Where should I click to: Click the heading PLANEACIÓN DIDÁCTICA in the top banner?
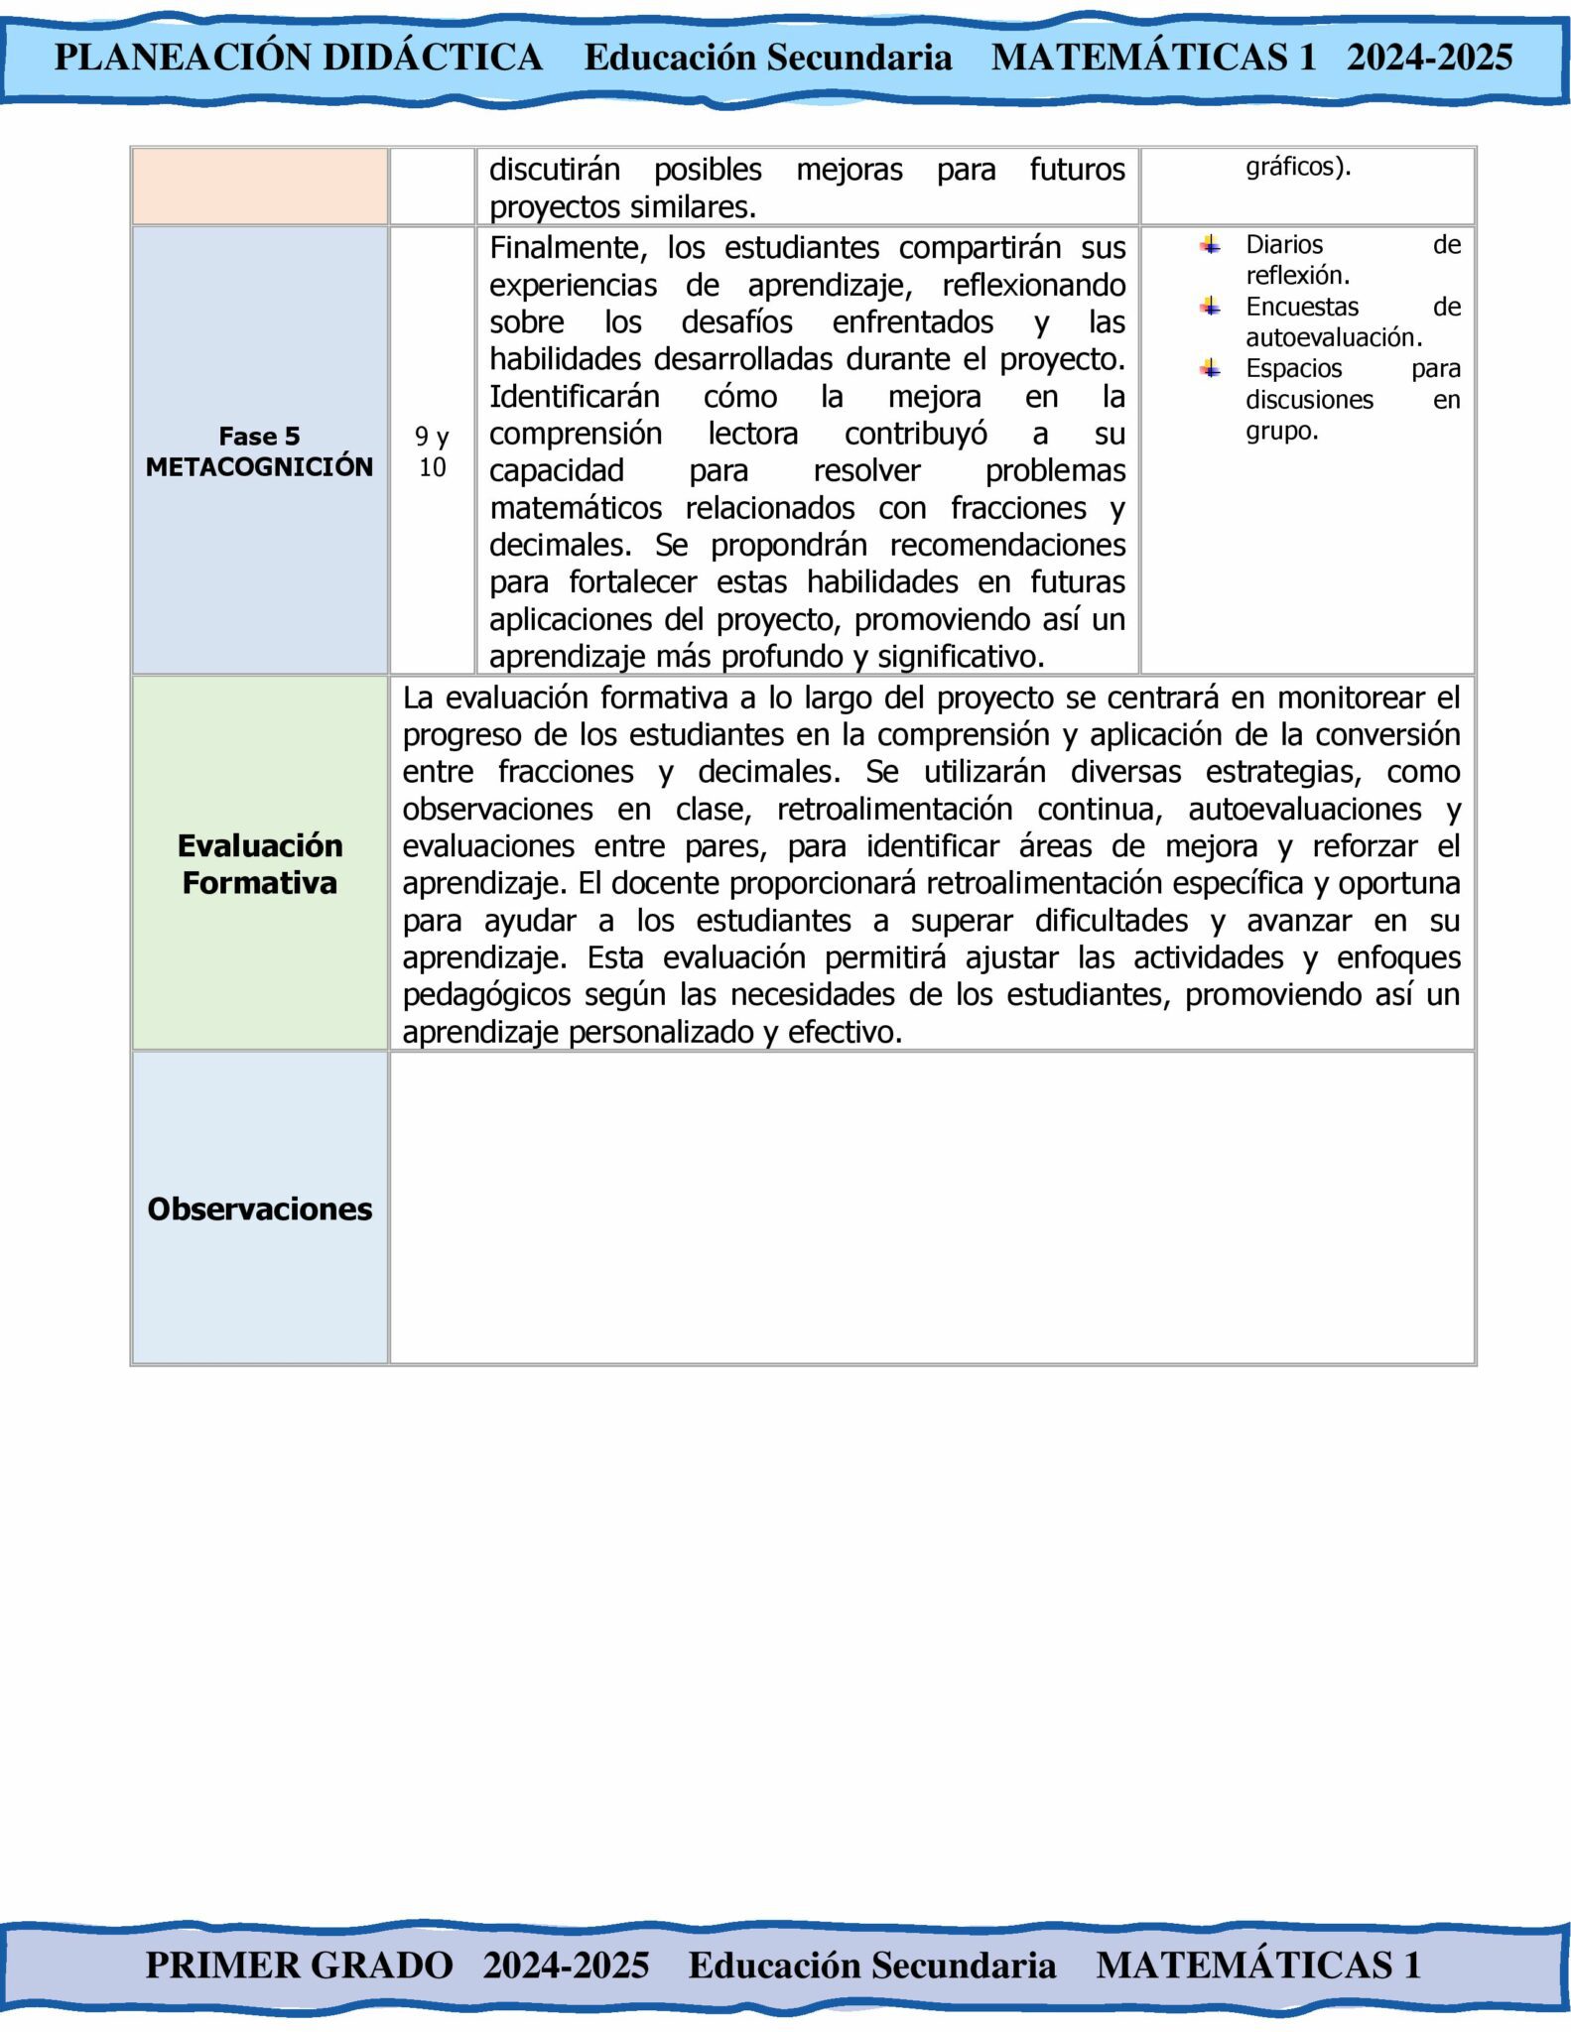[x=298, y=58]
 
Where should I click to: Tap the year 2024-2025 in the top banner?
[x=1429, y=58]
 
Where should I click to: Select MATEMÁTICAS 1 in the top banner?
[x=1153, y=58]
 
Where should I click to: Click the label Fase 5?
[x=259, y=436]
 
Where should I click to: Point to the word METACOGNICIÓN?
[x=259, y=466]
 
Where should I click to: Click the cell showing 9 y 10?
[x=432, y=451]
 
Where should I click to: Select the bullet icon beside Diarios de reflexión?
[x=1210, y=244]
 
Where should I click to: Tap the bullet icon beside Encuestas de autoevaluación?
[x=1210, y=307]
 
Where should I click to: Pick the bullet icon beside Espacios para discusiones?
[x=1210, y=368]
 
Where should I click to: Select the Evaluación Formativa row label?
[x=259, y=863]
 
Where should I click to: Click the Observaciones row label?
[x=259, y=1208]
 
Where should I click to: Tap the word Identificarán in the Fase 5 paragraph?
[x=574, y=396]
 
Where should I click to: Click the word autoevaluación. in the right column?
[x=1334, y=337]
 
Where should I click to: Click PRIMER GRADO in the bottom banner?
[x=299, y=1965]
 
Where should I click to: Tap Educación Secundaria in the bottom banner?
[x=871, y=1965]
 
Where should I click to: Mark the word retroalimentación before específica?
[x=1045, y=883]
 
